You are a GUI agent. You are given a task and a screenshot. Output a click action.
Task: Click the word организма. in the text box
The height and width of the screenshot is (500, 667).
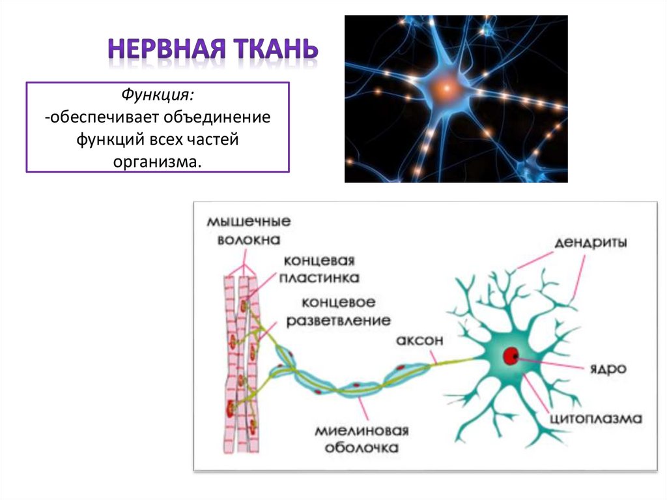point(157,160)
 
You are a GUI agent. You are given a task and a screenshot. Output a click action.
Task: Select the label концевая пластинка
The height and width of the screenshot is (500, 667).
point(319,269)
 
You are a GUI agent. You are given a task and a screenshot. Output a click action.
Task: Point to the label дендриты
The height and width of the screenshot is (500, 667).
point(591,243)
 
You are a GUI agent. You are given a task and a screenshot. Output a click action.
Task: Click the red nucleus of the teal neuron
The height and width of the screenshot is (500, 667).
point(510,356)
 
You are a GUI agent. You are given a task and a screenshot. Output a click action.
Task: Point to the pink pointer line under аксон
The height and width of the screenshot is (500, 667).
point(433,356)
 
